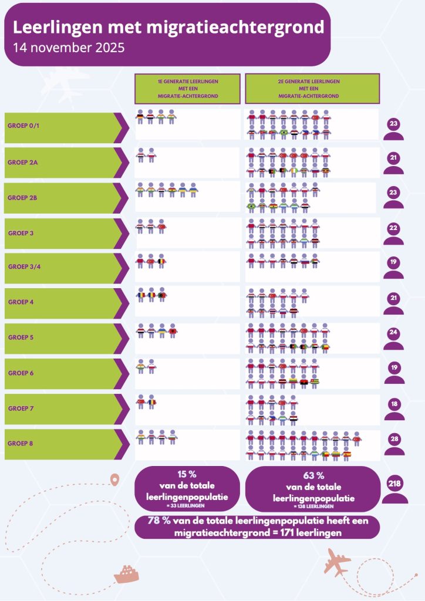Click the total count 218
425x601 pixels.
coord(394,484)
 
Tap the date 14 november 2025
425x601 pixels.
coord(69,48)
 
